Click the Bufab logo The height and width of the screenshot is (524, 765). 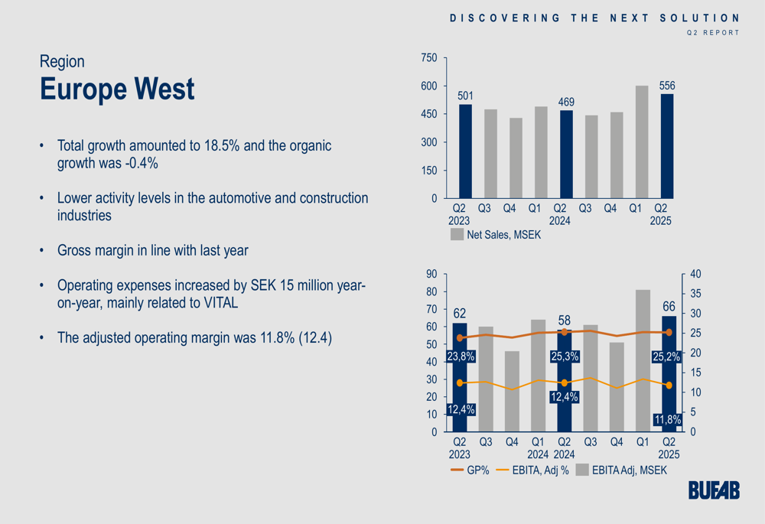point(714,491)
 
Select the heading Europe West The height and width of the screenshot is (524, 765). point(117,90)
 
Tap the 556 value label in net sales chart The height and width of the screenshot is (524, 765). point(667,86)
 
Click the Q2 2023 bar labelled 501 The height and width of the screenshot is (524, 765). point(465,151)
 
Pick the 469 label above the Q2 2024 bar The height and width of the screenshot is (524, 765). point(566,102)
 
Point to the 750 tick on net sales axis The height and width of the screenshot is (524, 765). point(429,58)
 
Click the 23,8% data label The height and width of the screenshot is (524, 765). point(461,356)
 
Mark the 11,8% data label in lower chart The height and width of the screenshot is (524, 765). point(668,418)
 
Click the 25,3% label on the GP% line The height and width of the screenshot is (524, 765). point(565,356)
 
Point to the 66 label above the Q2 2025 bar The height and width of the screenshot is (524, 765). point(668,307)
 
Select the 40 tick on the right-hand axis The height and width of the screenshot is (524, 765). point(695,274)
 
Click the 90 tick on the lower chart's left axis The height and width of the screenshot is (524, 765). point(431,274)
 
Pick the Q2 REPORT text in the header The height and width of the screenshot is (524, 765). point(713,33)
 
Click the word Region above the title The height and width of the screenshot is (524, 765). point(62,61)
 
